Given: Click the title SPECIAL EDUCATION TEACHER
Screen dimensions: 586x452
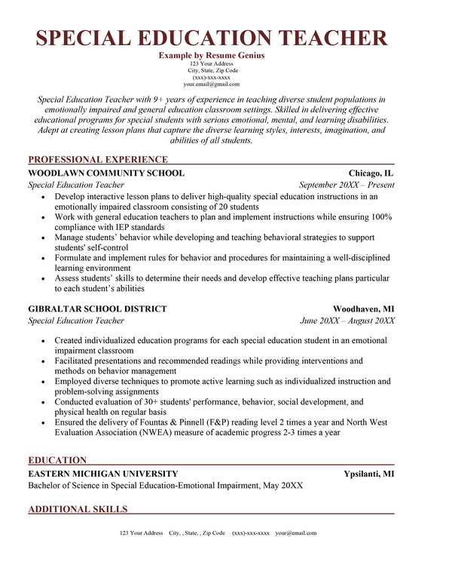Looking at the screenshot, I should pyautogui.click(x=212, y=38).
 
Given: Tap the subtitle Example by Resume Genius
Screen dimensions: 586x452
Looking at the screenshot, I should pyautogui.click(x=212, y=56).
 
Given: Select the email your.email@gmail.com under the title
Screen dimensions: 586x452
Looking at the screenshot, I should pyautogui.click(x=212, y=84).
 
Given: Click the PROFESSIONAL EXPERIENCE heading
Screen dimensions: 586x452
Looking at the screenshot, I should pyautogui.click(x=98, y=159).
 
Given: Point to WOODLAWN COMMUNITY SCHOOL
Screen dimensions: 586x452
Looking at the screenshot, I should pyautogui.click(x=105, y=173).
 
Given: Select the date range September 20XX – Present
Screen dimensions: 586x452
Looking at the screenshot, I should pyautogui.click(x=347, y=185).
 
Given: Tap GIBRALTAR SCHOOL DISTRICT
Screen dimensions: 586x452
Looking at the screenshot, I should pyautogui.click(x=97, y=309).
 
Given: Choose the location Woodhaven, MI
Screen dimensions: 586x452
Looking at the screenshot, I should pyautogui.click(x=364, y=309).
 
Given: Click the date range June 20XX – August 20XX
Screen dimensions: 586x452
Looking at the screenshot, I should pyautogui.click(x=347, y=321).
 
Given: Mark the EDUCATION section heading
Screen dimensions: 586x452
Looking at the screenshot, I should pyautogui.click(x=57, y=460).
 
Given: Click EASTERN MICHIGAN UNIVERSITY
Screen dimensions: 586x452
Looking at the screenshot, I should pyautogui.click(x=103, y=474).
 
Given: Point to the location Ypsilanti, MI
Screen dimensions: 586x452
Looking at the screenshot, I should pyautogui.click(x=369, y=474).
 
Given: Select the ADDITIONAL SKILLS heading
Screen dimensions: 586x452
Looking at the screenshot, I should pyautogui.click(x=78, y=509).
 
